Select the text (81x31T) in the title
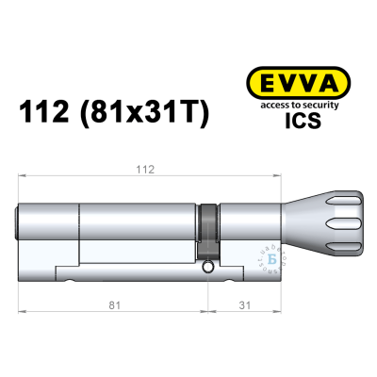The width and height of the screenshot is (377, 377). coord(148,114)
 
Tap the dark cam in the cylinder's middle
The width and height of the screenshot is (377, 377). coord(208,230)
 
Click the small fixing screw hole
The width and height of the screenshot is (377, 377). coord(206,270)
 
